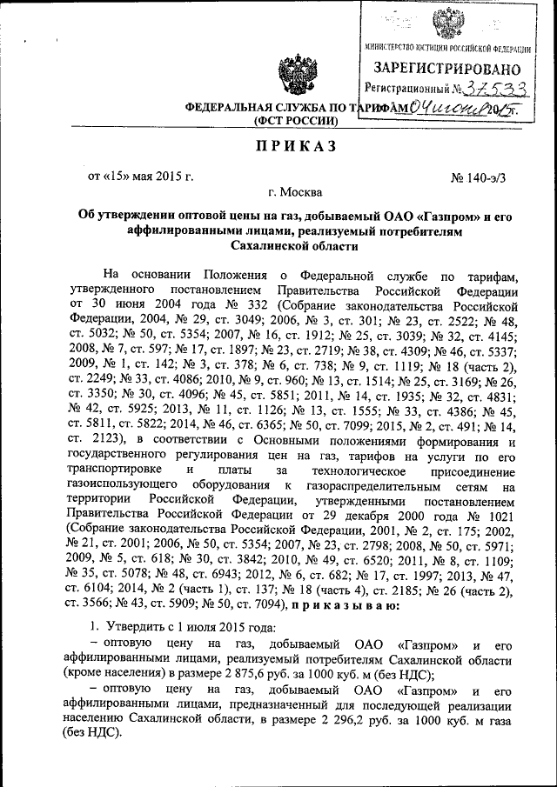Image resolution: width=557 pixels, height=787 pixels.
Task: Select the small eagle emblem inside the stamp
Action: coord(448,21)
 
